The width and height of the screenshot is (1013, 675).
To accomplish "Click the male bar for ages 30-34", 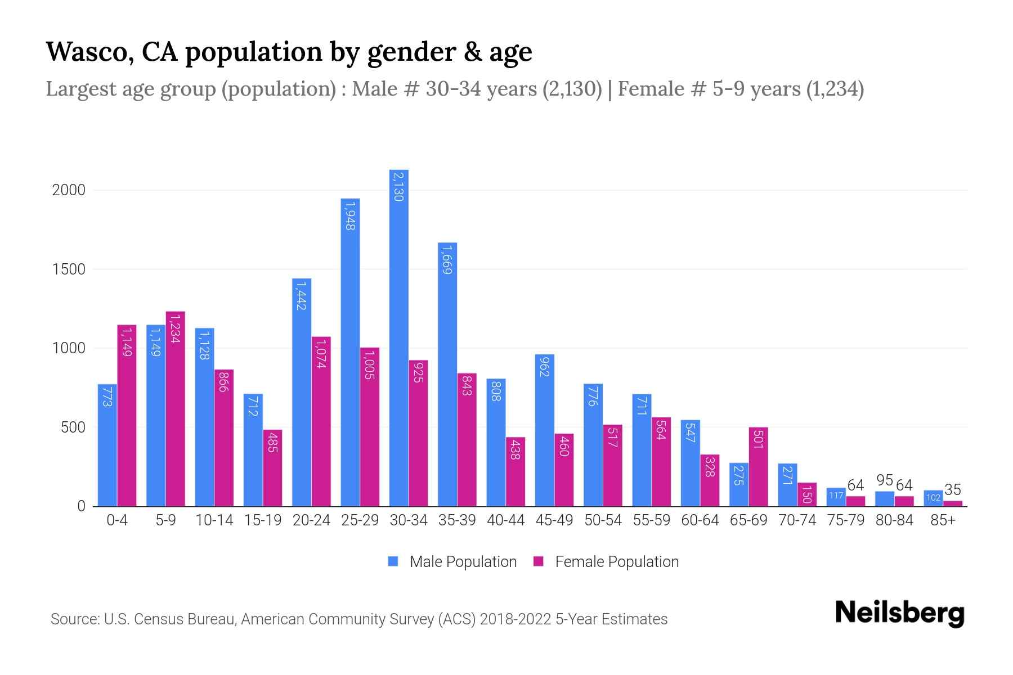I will point(398,337).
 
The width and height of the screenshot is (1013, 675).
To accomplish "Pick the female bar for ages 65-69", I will point(758,467).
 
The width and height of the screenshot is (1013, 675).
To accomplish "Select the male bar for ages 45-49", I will point(544,430).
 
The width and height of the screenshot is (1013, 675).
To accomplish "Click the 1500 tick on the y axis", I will point(69,269).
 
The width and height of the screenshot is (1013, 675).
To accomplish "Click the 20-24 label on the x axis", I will point(311,520).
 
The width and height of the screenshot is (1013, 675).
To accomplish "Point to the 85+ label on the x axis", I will point(943,520).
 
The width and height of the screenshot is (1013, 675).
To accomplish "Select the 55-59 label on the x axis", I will point(651,520).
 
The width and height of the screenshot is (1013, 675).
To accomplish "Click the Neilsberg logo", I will point(899,613).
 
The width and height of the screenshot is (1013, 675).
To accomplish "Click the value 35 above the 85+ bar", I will point(952,489).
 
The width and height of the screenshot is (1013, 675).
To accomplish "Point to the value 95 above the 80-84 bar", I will point(885,480).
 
